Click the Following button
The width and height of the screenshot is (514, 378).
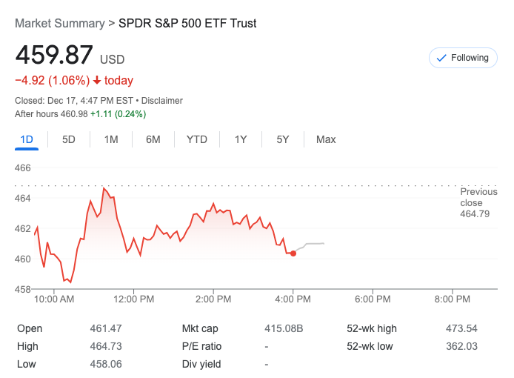[463, 58]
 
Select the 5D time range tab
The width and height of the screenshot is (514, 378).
[69, 139]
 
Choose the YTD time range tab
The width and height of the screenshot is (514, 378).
[197, 139]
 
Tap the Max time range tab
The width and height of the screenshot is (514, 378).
[326, 139]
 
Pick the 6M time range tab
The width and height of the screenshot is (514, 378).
[153, 139]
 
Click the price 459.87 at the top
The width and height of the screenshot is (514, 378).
[54, 56]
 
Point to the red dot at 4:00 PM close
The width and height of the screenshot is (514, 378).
[293, 253]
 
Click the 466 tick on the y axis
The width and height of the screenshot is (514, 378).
[23, 168]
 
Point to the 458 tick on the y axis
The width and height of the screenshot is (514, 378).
[23, 289]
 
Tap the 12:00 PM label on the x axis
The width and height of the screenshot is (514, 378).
[133, 299]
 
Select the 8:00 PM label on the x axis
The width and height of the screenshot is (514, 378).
[453, 299]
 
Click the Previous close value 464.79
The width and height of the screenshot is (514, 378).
[475, 214]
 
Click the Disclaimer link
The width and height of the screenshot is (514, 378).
[162, 101]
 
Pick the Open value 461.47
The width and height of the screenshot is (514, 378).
[105, 328]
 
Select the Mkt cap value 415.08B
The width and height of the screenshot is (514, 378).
[284, 328]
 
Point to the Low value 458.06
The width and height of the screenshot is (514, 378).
[105, 364]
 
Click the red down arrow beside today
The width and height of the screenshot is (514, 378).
[97, 81]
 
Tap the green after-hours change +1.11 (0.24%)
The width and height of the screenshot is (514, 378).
[119, 114]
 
